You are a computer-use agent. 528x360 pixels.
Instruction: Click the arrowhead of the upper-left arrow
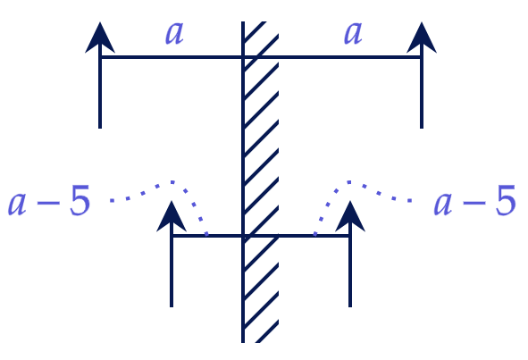(100, 38)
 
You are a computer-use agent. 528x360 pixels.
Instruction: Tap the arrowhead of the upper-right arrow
(422, 38)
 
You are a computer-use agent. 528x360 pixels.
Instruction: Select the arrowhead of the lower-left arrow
(172, 217)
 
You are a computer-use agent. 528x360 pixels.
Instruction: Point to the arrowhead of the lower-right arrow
(350, 217)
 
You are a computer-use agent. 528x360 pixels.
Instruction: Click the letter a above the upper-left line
(174, 33)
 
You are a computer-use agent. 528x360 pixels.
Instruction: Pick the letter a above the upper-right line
(353, 33)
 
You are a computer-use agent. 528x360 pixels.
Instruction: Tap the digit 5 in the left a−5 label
(80, 200)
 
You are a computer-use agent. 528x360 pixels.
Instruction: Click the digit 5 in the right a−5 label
(506, 200)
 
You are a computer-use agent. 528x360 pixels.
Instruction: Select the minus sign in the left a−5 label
(48, 203)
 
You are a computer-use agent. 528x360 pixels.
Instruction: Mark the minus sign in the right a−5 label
(474, 203)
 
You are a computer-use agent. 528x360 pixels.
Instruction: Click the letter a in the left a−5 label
(17, 205)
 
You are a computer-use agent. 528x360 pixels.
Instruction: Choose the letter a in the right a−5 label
(443, 205)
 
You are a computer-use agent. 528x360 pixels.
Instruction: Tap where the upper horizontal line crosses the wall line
(243, 57)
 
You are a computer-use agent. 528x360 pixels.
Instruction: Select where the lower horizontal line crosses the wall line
(243, 236)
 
